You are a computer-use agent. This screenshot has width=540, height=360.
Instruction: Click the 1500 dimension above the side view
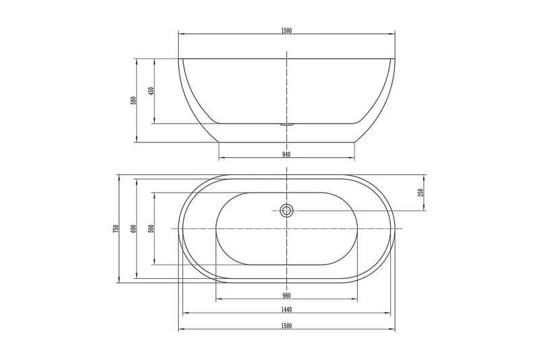[286, 30]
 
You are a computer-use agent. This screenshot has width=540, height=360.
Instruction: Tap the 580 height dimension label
[134, 100]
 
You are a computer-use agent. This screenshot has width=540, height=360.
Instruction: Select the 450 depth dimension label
[151, 91]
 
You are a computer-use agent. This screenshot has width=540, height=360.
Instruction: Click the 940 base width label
[286, 155]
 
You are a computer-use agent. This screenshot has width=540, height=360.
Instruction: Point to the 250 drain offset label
[421, 192]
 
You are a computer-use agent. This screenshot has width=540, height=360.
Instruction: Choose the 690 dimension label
[134, 229]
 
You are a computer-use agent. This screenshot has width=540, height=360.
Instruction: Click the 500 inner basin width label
[151, 229]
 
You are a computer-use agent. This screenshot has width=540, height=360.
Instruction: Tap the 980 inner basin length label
[286, 296]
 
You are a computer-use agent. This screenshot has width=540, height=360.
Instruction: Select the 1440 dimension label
[286, 310]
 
